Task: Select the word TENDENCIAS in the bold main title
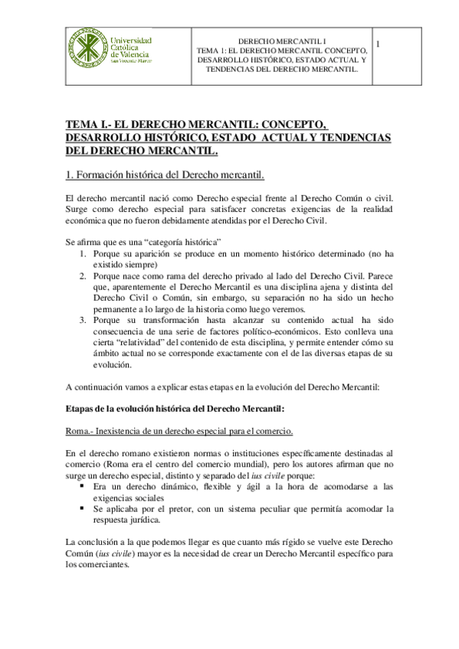(x=350, y=137)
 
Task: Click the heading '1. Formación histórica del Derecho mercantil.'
(x=165, y=174)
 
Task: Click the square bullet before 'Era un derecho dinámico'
(x=81, y=486)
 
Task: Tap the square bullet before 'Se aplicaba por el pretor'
(x=81, y=508)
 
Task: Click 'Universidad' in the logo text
(x=132, y=41)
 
